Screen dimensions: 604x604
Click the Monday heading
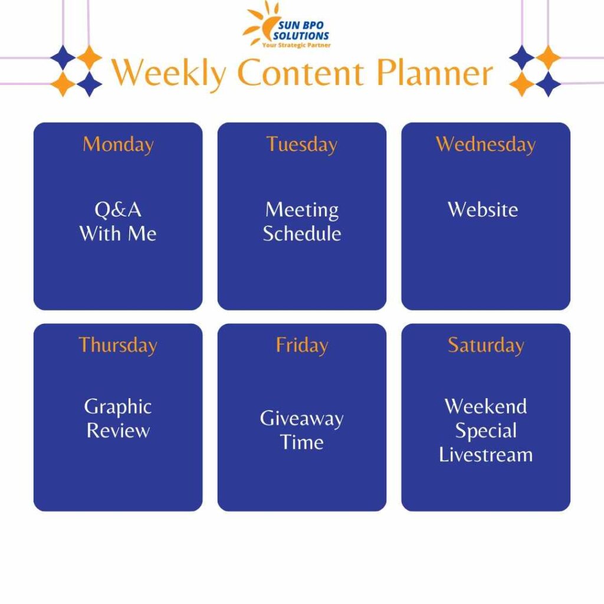(118, 145)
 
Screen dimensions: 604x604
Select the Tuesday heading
(301, 145)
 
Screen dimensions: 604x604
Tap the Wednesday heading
(485, 145)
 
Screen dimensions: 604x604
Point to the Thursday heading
(118, 345)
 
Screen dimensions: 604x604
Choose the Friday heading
(301, 345)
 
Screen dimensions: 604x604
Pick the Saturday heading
(485, 345)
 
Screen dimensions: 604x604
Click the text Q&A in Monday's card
(118, 210)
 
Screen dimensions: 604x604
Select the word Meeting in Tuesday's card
(301, 210)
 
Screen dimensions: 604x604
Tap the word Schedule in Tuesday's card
(301, 234)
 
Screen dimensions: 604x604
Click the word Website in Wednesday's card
(482, 210)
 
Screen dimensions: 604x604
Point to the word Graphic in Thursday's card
(118, 407)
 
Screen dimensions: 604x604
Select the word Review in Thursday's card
(118, 431)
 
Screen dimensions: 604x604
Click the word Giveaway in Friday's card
(301, 419)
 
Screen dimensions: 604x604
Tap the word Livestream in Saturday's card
(485, 455)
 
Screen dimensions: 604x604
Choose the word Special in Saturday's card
(485, 431)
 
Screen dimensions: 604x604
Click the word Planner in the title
(435, 74)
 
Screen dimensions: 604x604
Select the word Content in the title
(301, 74)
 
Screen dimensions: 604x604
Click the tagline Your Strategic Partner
(296, 45)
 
